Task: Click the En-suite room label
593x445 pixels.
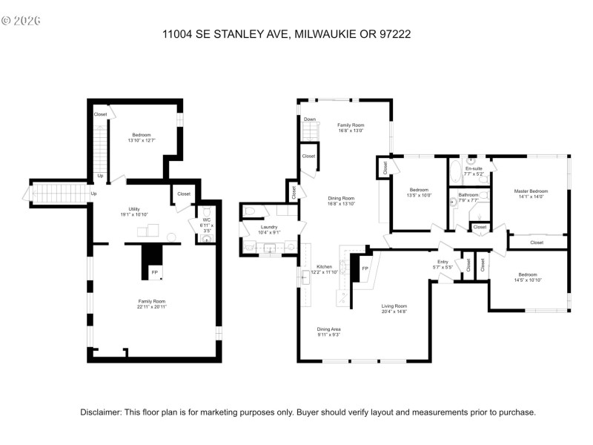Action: tap(474, 169)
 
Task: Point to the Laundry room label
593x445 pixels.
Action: tap(268, 227)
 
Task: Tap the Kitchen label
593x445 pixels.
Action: tap(325, 267)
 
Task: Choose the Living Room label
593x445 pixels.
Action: tap(394, 306)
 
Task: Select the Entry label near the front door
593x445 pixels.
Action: tap(442, 262)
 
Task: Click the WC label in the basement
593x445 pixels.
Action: tap(207, 220)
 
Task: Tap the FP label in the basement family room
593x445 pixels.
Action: tap(154, 273)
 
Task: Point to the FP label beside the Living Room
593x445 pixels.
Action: tap(365, 268)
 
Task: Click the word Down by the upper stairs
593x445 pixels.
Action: tap(310, 119)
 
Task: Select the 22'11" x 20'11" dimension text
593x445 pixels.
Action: tap(151, 307)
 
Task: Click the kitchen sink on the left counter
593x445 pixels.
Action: tap(305, 279)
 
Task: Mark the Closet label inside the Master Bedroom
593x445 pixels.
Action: tap(536, 243)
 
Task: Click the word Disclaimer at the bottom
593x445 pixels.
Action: tap(102, 412)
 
